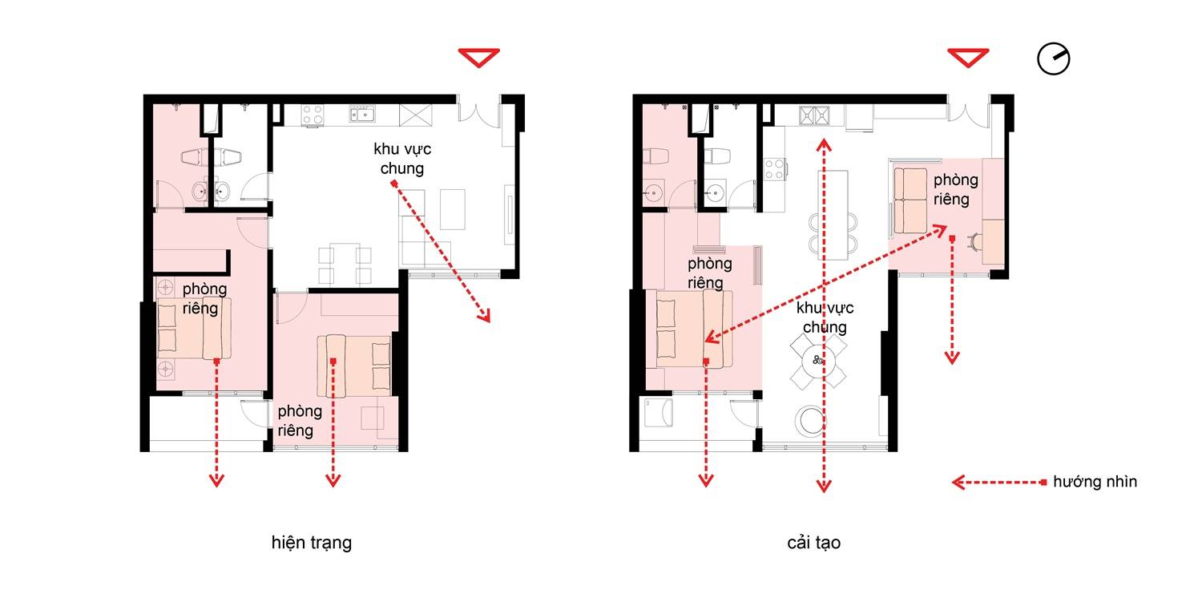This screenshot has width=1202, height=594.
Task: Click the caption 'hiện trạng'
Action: (312, 543)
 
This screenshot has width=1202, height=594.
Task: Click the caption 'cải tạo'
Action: (813, 543)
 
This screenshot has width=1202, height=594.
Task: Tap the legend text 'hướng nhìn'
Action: (1095, 482)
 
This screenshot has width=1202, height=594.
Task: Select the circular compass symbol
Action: (1054, 59)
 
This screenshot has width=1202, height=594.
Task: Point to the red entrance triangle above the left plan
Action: (478, 57)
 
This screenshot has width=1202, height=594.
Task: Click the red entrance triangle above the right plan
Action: (968, 57)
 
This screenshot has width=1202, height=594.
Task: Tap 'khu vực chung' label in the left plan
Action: (402, 158)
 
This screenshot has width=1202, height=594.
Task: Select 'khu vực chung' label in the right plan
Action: (825, 317)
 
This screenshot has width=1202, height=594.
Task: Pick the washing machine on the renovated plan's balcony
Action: (658, 412)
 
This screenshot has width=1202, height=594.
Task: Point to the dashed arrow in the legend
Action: (999, 483)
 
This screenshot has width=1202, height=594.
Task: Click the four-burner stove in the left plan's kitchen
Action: (313, 115)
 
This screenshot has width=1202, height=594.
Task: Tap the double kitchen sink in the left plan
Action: (363, 114)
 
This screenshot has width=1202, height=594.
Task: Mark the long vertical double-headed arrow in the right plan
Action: (825, 316)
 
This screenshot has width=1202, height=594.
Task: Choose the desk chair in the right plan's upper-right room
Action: (974, 243)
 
